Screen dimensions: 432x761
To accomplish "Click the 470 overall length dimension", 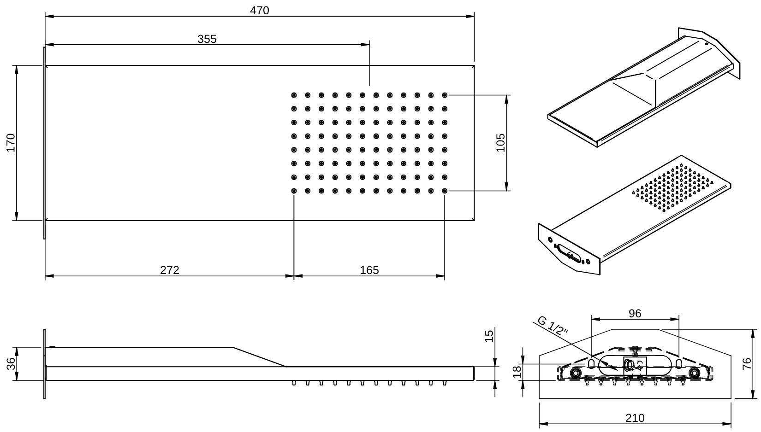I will (259, 10).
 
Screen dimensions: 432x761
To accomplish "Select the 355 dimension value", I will (207, 39).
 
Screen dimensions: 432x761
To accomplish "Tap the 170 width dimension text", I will (11, 142).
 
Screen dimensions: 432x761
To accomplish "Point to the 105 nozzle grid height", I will (500, 142).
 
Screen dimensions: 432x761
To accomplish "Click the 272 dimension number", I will (169, 270).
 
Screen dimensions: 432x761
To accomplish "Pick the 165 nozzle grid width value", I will (369, 270).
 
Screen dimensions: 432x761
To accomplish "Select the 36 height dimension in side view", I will (11, 363).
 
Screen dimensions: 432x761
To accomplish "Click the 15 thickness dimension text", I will (489, 335).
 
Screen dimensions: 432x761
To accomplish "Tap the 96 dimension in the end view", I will (635, 313).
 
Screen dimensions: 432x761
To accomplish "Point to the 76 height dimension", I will (747, 363).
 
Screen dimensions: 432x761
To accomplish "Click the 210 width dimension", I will (635, 418).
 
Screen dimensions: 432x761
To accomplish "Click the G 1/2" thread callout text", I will (553, 325).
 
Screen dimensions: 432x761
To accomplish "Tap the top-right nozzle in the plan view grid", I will (445, 95).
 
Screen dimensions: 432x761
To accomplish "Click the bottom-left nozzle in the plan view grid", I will (294, 191).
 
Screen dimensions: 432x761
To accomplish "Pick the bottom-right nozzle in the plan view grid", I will (445, 191).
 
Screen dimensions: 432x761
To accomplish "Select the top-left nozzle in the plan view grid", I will (294, 95).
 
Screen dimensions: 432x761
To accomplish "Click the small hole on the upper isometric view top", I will (706, 45).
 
